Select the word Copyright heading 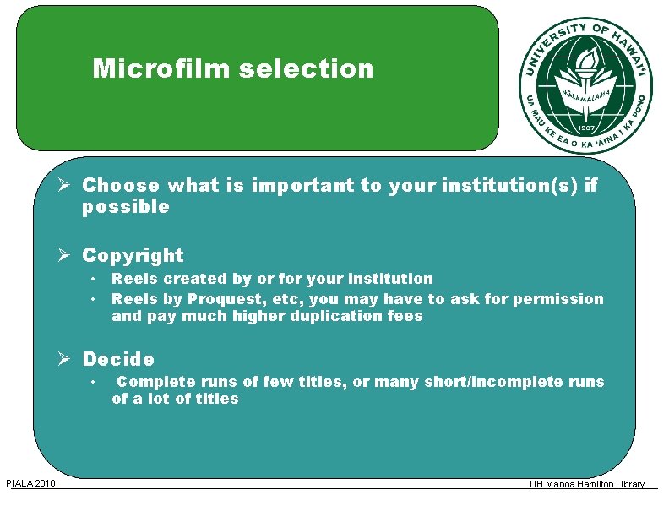[133, 255]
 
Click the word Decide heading [118, 360]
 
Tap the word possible [126, 207]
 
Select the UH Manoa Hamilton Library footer [587, 484]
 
